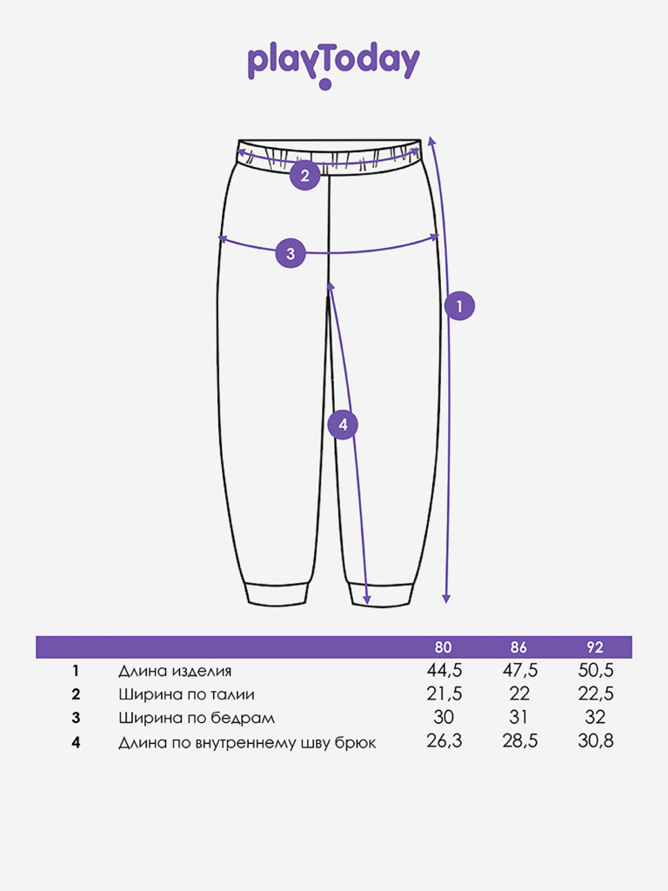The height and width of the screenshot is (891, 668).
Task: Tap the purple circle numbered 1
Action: tap(459, 305)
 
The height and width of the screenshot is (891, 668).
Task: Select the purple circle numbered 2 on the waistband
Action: tap(305, 175)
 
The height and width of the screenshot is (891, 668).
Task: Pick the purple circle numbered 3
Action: tap(291, 253)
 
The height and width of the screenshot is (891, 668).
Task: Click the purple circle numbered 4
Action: tap(343, 425)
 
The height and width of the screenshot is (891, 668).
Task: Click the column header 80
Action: tap(443, 647)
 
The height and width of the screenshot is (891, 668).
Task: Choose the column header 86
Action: tap(518, 647)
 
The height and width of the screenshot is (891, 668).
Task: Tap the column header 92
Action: tap(595, 647)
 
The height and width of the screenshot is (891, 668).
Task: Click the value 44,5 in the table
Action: tap(444, 671)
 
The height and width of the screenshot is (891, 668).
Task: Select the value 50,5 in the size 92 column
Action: tap(596, 671)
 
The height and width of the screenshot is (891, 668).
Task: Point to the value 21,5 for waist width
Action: tap(444, 693)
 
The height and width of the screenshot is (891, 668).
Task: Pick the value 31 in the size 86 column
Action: tap(518, 717)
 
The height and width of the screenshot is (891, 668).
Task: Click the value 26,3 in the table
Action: tap(444, 740)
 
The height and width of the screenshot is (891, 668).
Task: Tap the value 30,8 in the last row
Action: tap(596, 740)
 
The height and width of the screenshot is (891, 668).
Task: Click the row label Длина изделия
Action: tap(175, 671)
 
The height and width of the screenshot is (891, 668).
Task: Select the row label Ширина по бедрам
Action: tap(197, 718)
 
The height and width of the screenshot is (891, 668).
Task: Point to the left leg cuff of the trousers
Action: tap(277, 593)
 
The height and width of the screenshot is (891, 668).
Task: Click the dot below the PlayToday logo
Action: tap(325, 84)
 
